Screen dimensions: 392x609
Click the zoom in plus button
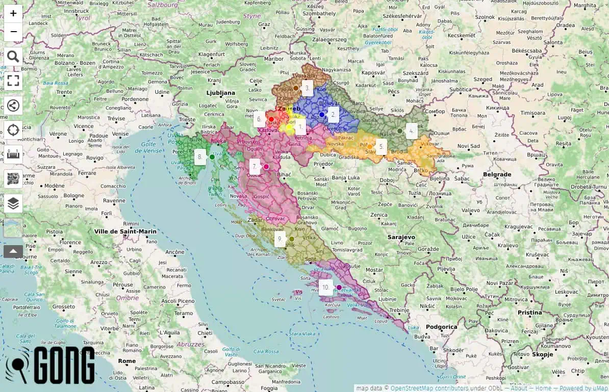pos(13,13)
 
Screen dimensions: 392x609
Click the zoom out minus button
pos(13,32)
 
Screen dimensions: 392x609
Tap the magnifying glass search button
pos(13,57)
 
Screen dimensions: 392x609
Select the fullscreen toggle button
pos(13,81)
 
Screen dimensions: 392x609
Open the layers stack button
pos(13,204)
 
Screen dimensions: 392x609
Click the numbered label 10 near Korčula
pos(325,287)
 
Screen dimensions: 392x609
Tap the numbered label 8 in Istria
pos(200,157)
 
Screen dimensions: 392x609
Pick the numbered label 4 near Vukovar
pos(411,131)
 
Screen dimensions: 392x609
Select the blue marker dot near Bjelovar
pos(321,115)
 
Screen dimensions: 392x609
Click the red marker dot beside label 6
pos(271,119)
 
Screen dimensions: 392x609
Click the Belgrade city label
pos(497,174)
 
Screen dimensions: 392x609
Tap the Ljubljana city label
pos(220,93)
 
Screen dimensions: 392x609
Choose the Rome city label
pos(127,361)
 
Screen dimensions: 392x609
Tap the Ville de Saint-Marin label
pos(125,231)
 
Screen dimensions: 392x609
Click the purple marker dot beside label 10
pos(339,288)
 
